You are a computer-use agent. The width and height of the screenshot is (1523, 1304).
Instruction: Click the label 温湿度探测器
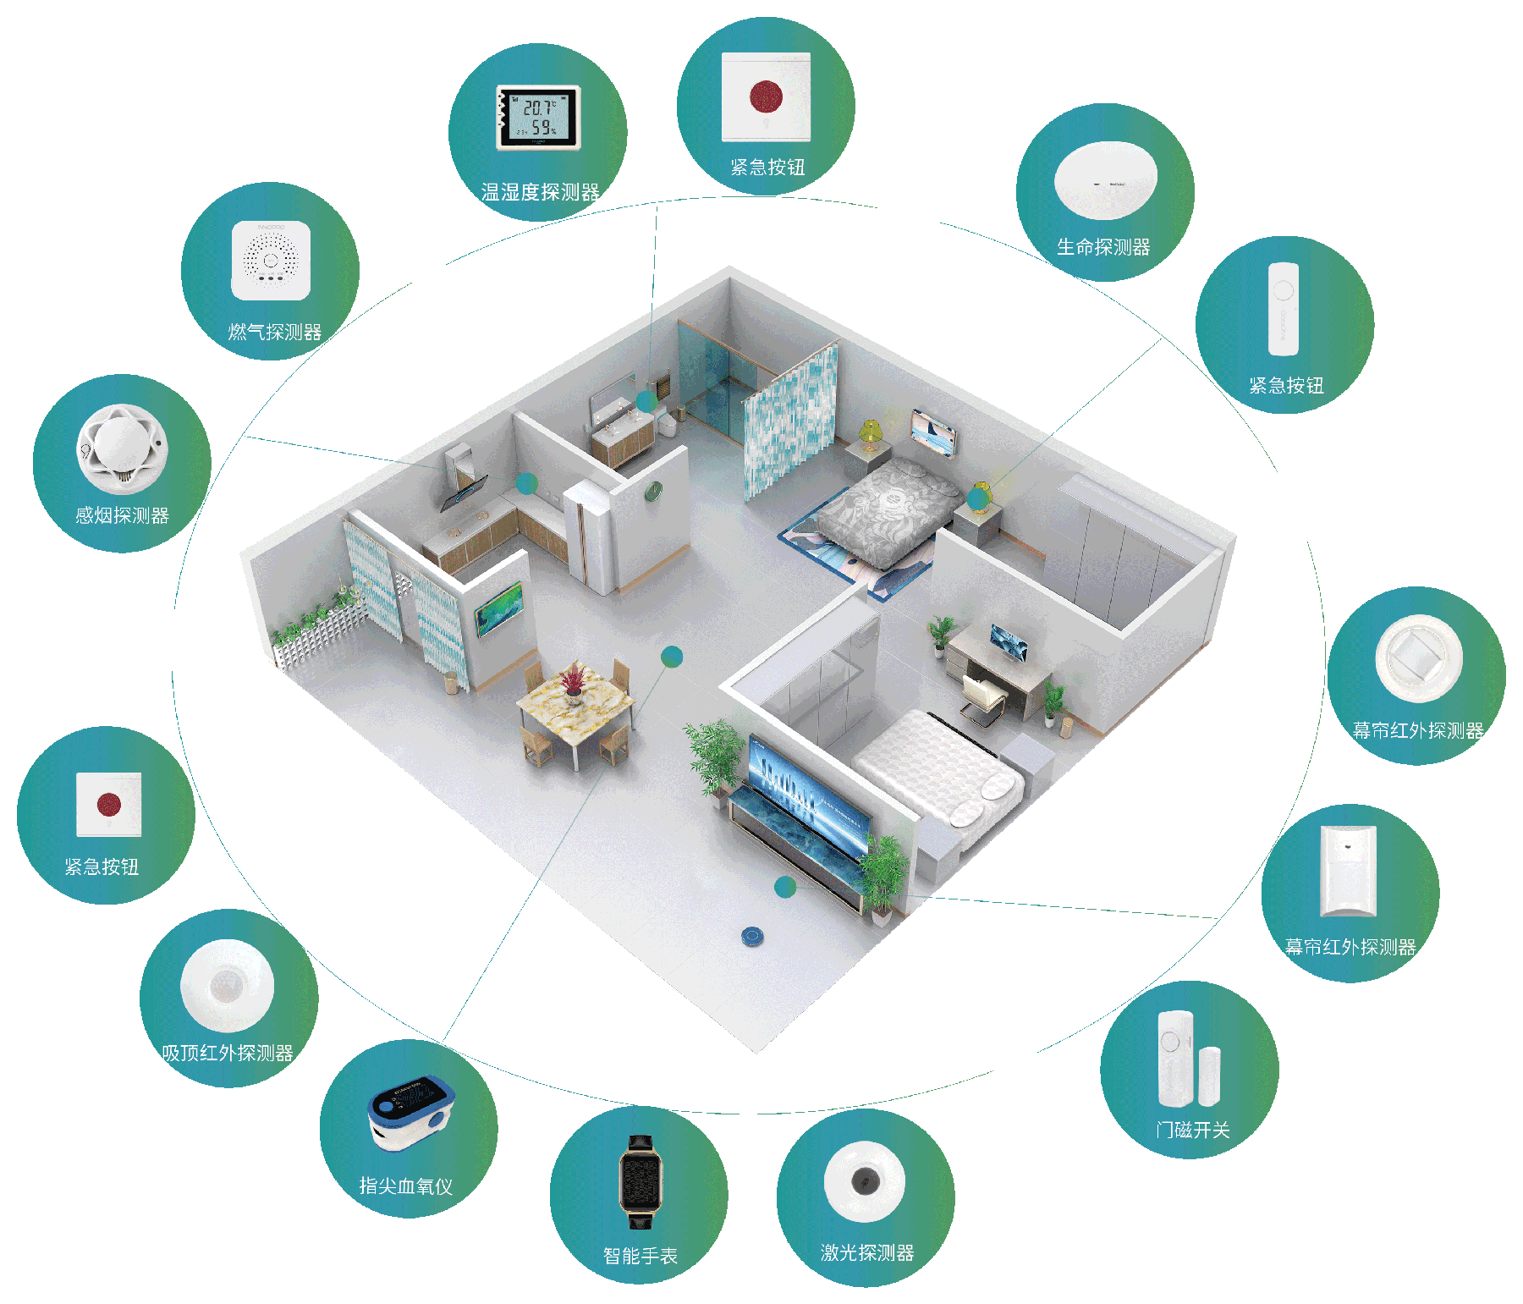coord(540,193)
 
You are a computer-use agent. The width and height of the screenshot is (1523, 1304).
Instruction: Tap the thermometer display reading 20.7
coord(539,117)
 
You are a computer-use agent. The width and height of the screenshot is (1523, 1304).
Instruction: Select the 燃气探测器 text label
coord(275,333)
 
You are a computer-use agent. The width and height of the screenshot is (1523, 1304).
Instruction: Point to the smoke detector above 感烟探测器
coord(122,448)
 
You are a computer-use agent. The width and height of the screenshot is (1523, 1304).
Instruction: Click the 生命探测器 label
coord(1103,247)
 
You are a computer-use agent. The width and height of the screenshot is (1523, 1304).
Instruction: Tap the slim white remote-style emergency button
coord(1283,309)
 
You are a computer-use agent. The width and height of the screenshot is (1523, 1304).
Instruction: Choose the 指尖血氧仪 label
coord(406,1186)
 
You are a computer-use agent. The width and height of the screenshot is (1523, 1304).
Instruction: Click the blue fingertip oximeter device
coord(411,1112)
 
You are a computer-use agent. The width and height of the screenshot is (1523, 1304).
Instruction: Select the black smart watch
coord(641,1181)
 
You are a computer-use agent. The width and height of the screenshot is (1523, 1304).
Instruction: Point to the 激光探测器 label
coord(867,1253)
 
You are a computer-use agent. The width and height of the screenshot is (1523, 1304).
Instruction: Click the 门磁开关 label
coord(1193,1131)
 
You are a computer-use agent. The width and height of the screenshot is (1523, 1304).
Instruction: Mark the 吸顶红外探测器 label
coord(228,1054)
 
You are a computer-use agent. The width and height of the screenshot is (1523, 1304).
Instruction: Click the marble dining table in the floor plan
coord(575,698)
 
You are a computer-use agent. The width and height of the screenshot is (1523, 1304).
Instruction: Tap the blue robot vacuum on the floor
coord(753,936)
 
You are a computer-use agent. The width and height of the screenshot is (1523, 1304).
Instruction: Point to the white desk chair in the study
coord(981,698)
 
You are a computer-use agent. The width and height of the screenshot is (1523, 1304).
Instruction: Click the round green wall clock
coord(653,491)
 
